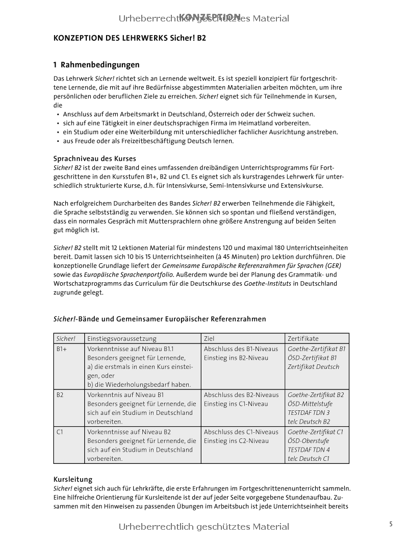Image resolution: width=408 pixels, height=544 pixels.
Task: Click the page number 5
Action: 391,524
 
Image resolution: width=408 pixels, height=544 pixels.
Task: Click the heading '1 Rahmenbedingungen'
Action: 96,65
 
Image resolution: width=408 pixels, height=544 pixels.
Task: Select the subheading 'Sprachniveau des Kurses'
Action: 95,159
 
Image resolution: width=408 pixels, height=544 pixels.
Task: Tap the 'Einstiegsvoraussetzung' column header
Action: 122,338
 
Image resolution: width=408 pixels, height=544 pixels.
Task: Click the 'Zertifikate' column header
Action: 303,338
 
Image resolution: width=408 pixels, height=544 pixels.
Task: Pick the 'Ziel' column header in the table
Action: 209,338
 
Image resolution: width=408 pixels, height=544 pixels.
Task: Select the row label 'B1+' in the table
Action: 62,349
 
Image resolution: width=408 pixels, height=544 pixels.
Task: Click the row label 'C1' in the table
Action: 60,432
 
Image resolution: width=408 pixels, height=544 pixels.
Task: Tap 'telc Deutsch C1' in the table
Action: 309,459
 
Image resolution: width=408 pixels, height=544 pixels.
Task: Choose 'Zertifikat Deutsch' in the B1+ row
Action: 313,367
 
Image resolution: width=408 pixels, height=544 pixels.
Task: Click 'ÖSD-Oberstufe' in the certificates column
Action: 308,441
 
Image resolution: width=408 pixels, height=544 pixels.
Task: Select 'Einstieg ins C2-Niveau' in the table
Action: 236,441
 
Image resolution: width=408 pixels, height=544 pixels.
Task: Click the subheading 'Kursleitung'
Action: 73,479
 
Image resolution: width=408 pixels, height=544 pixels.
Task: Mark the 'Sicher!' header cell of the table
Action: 66,338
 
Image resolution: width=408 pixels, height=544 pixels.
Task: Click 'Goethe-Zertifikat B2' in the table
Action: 316,394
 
